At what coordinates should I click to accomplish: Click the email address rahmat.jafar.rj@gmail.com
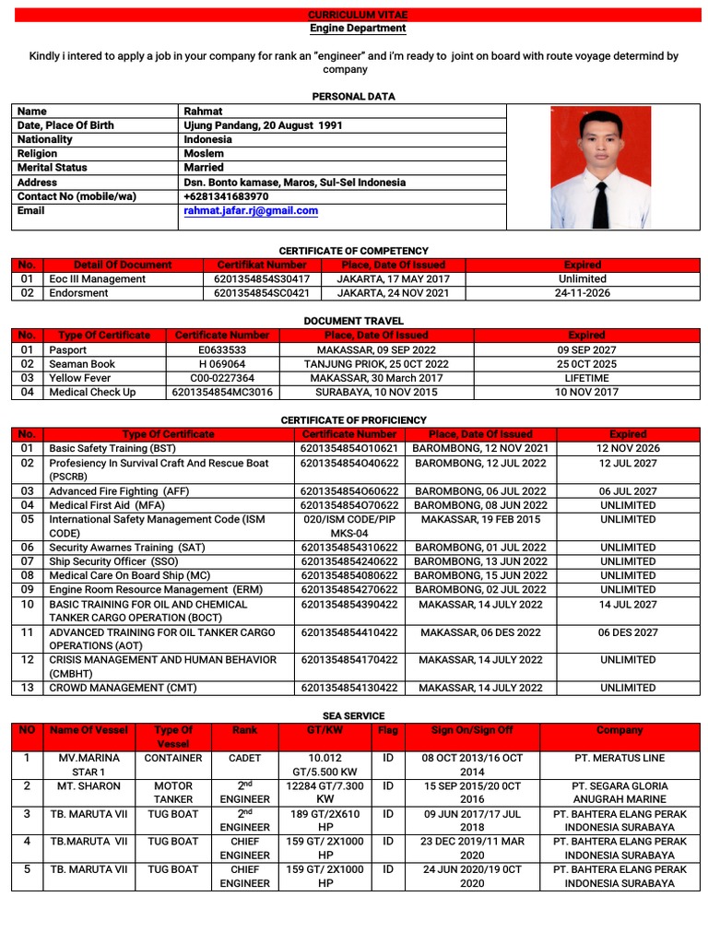coord(251,210)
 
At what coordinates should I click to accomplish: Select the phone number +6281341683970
coord(226,196)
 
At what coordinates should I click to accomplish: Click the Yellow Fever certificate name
coord(80,378)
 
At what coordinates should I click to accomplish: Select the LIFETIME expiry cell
coord(586,378)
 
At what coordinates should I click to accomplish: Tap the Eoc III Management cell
coord(97,278)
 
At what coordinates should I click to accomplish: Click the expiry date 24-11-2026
coord(583,292)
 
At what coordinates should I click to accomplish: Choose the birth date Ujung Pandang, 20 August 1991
coord(263,125)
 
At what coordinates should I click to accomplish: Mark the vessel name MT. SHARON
coord(89,786)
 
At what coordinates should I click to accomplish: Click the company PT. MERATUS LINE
coord(619,759)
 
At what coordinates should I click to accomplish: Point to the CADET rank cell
coord(244,759)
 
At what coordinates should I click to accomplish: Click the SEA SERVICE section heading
coord(353,715)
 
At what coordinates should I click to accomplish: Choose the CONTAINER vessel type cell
coord(172,759)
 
